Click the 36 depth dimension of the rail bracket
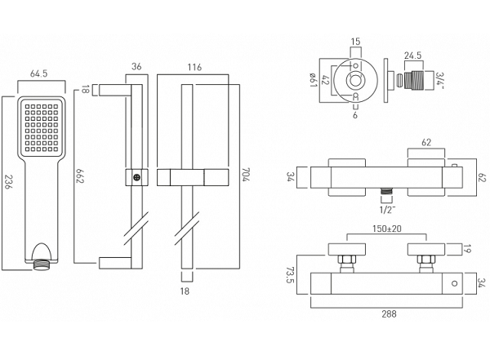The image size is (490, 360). point(136,66)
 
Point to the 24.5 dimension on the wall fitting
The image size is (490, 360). point(413,56)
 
